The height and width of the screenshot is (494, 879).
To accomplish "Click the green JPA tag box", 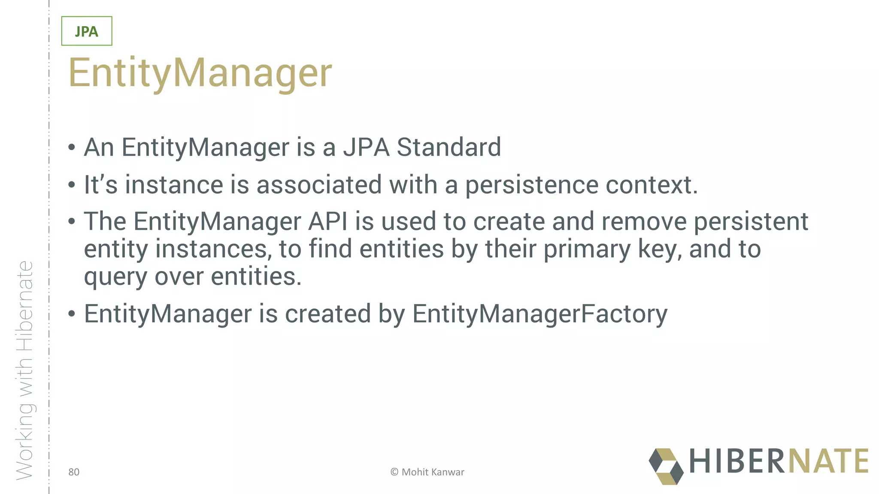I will (x=87, y=31).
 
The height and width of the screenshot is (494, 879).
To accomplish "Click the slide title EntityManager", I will (x=200, y=73).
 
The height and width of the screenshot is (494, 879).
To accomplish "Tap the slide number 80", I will (x=74, y=472).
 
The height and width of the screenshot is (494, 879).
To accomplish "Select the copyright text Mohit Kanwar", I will (x=427, y=472).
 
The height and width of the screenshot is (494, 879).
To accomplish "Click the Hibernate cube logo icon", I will (x=666, y=466).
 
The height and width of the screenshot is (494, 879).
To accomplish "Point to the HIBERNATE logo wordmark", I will (x=779, y=461).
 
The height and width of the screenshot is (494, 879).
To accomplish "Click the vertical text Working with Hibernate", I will (x=24, y=370).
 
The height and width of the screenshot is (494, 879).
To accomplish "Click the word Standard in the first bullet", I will (x=449, y=147).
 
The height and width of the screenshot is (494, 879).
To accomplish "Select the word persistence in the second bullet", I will (x=532, y=185).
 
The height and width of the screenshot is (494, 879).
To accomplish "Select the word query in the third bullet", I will (x=115, y=277).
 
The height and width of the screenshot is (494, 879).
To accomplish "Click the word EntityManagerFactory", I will (x=540, y=314).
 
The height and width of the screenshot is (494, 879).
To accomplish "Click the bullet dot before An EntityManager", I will (x=72, y=148).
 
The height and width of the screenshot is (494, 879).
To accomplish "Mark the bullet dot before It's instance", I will (x=72, y=186).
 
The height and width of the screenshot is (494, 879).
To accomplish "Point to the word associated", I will (x=319, y=185).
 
